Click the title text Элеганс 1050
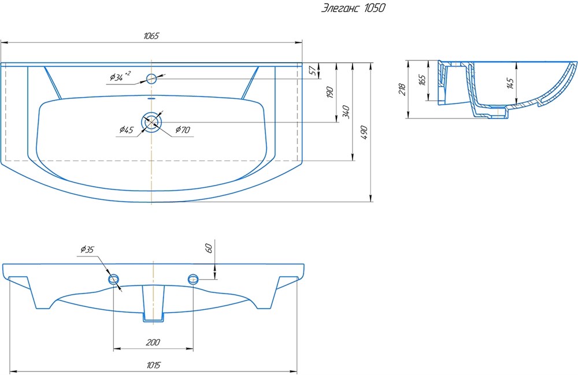click(353, 8)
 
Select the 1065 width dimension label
click(151, 36)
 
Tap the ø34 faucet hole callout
click(120, 76)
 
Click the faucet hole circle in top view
click(151, 79)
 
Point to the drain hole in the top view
click(151, 122)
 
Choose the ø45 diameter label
click(127, 129)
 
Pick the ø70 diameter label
click(183, 129)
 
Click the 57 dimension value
click(313, 70)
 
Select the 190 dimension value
click(330, 92)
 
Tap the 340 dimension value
click(346, 112)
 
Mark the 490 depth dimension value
click(364, 133)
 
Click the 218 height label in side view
click(402, 89)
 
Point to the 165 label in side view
click(423, 80)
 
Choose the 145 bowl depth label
click(510, 83)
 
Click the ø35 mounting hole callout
click(87, 250)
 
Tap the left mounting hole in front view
click(114, 279)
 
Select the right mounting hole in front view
click(193, 279)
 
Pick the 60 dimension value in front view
click(209, 248)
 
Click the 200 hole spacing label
click(153, 342)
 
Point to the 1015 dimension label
click(153, 365)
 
